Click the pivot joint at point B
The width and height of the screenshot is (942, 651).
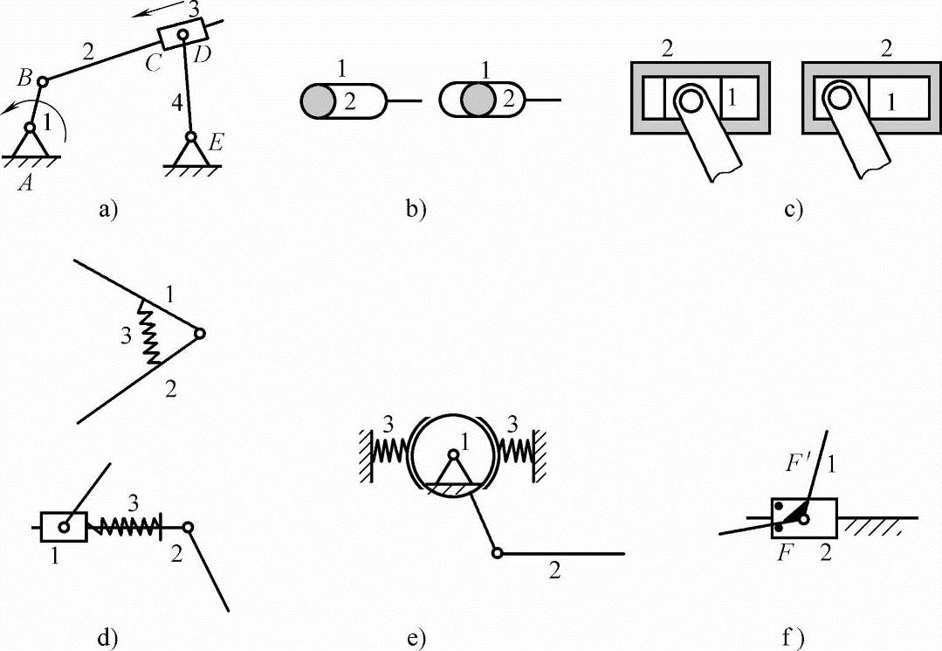(43, 80)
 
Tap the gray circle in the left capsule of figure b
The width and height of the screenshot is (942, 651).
(318, 101)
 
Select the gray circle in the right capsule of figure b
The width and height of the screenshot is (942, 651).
(478, 101)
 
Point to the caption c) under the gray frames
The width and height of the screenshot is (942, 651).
(793, 209)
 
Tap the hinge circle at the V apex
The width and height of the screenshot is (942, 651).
(200, 334)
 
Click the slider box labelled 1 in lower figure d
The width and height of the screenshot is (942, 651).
(64, 527)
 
